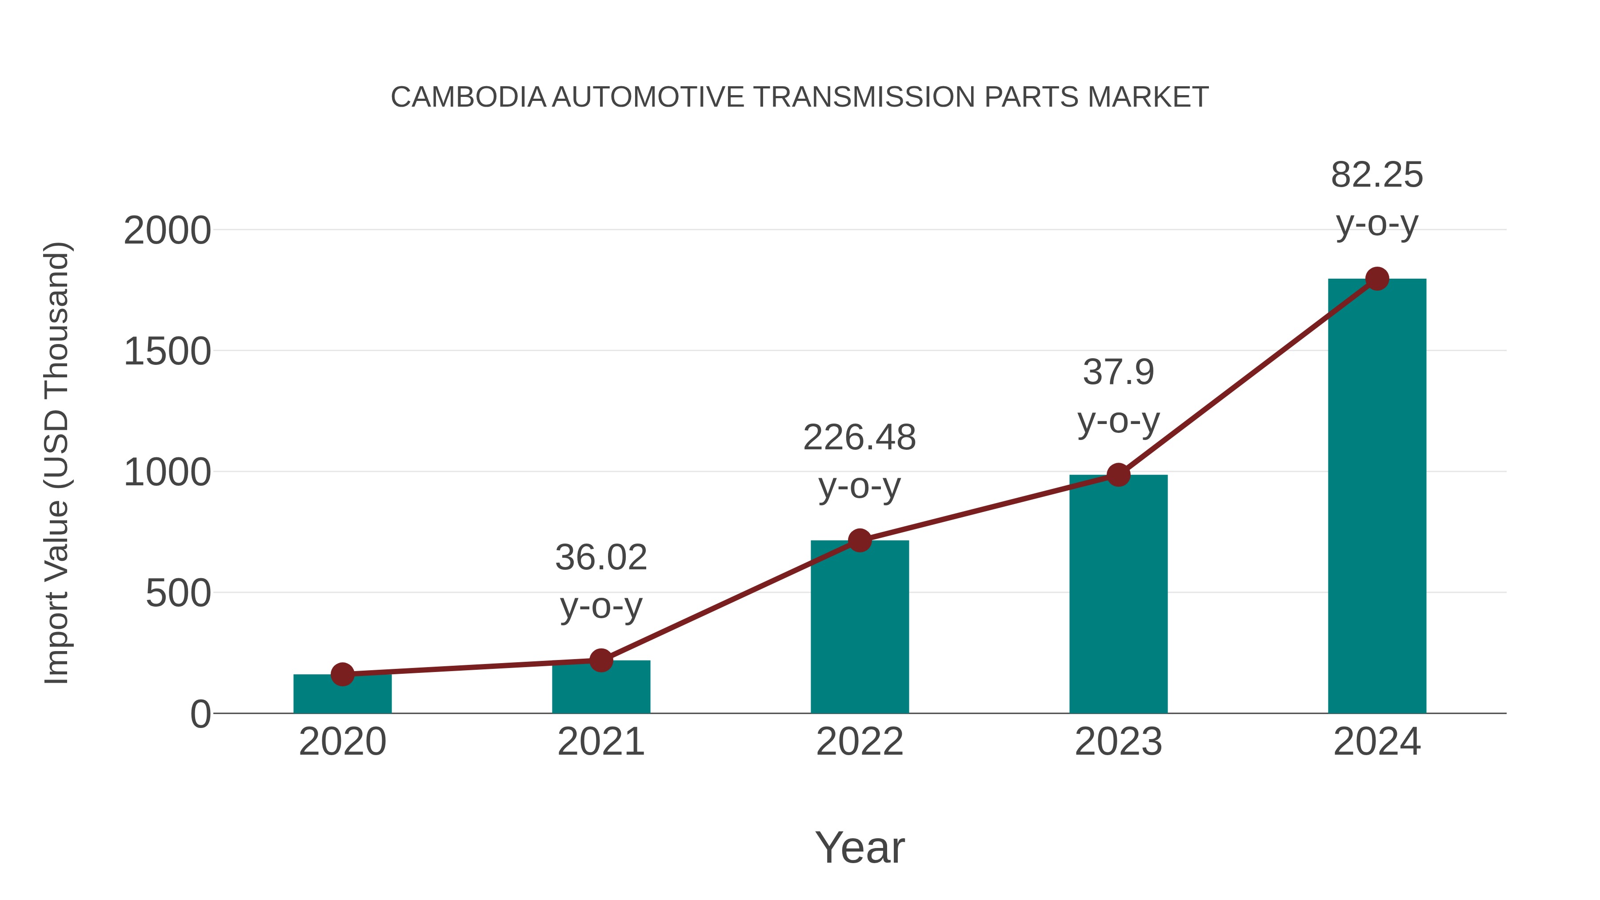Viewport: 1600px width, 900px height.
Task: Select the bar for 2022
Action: (860, 627)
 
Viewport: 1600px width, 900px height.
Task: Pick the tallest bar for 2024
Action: (1376, 497)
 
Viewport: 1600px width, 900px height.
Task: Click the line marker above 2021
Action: (600, 660)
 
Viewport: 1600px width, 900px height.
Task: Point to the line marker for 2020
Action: (342, 674)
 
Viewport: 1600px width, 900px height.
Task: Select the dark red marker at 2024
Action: (1377, 279)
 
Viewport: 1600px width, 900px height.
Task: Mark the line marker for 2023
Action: (1118, 475)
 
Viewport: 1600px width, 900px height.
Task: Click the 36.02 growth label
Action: (600, 557)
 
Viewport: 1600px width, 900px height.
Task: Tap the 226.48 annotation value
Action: (859, 437)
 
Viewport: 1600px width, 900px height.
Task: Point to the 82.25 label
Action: (1376, 175)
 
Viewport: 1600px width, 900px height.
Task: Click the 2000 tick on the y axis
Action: (167, 231)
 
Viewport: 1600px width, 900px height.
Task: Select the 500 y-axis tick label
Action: (178, 594)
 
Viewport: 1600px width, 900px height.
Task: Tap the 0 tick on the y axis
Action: (200, 714)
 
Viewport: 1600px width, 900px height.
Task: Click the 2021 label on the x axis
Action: (600, 742)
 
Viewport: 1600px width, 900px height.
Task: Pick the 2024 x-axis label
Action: (1376, 742)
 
